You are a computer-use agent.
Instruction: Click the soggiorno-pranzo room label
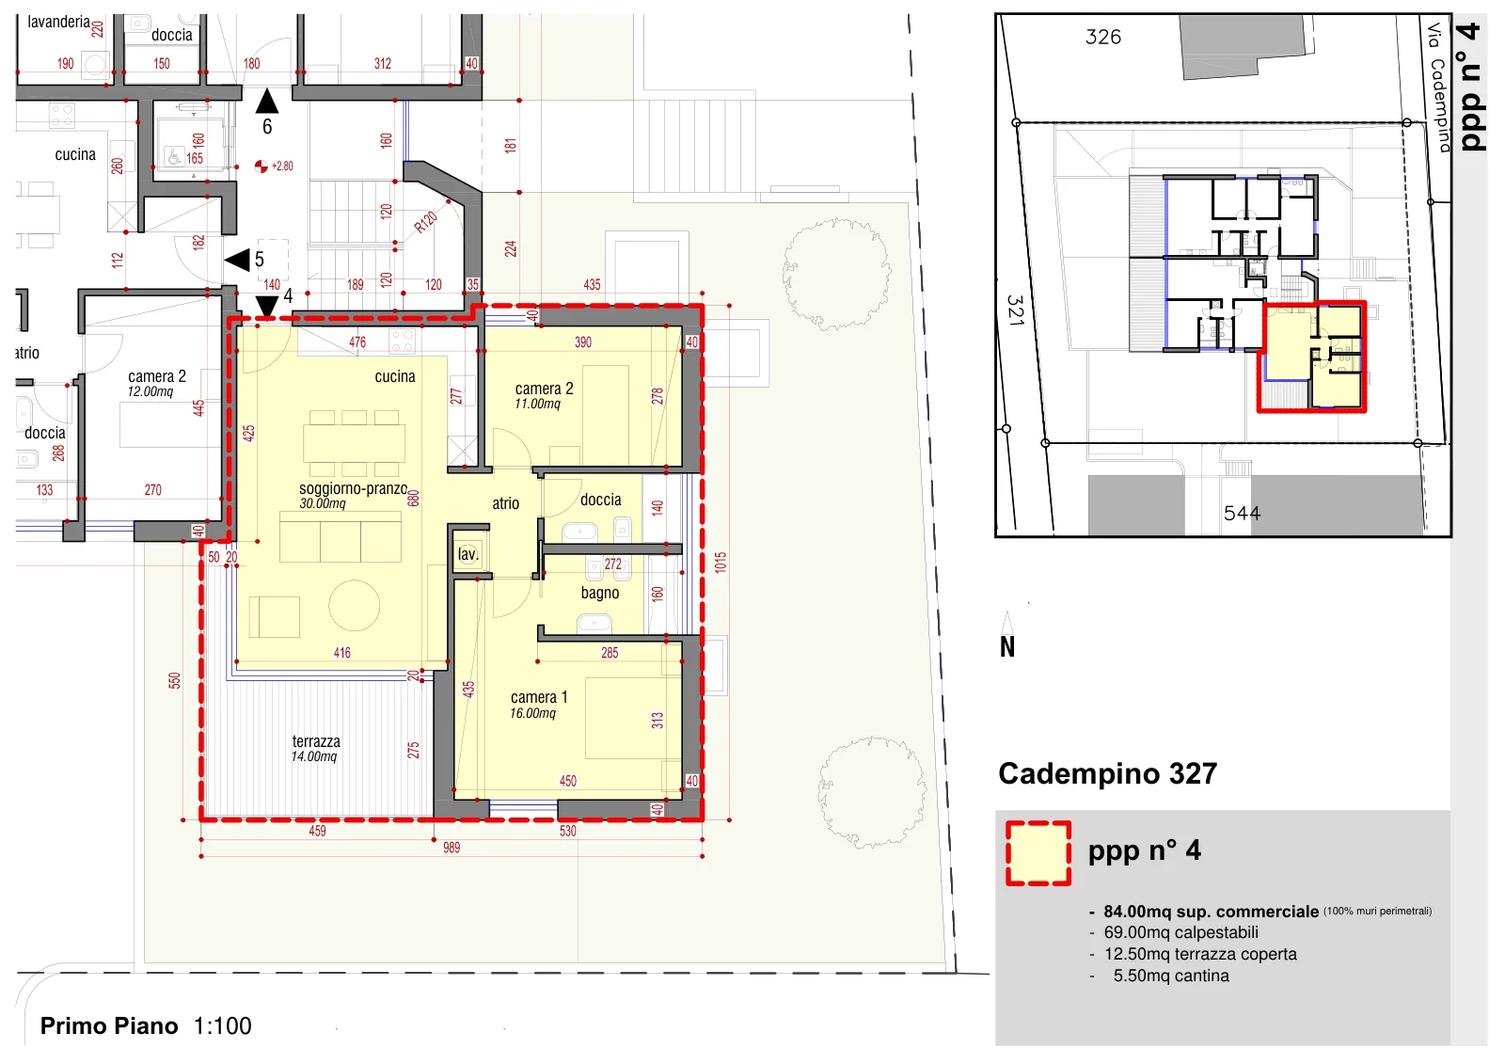point(354,488)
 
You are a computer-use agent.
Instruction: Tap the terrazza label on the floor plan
point(316,741)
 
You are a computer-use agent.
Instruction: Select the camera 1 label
point(539,697)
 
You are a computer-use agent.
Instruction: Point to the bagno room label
point(600,593)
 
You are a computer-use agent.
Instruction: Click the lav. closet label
point(467,554)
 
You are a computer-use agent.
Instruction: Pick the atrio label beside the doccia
point(505,503)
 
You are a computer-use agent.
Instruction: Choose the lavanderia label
point(58,22)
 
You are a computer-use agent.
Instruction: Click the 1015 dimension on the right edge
point(721,562)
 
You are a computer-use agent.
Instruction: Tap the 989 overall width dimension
point(451,848)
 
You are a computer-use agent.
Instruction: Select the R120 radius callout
point(425,222)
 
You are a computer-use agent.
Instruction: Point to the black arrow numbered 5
point(237,260)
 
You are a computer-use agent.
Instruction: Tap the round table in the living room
point(354,606)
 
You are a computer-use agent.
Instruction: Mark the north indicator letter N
point(1007,646)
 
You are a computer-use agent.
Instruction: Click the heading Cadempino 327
point(1107,773)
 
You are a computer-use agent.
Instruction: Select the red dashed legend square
point(1038,853)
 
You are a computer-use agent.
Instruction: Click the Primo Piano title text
point(109,1025)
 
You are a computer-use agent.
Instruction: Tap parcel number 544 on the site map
point(1242,514)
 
